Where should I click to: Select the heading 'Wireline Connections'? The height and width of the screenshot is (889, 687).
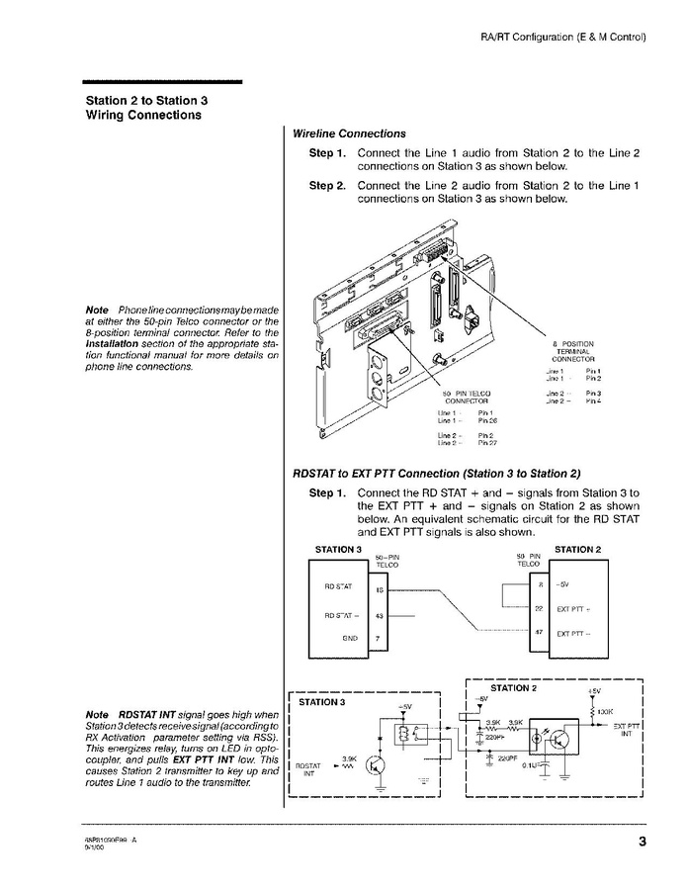(x=349, y=133)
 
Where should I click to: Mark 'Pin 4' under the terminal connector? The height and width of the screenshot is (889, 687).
(x=594, y=400)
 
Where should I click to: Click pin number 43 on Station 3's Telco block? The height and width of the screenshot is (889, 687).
(x=381, y=616)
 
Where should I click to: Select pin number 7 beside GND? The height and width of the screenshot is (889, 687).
(x=381, y=639)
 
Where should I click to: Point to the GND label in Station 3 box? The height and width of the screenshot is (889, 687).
(x=349, y=639)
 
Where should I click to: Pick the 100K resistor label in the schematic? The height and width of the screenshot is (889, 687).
(x=607, y=710)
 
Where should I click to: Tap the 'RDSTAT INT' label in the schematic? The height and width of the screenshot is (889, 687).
(x=308, y=769)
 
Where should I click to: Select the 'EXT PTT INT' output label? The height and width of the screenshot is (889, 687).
(x=628, y=730)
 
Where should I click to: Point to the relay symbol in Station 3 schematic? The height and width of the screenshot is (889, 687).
(x=403, y=734)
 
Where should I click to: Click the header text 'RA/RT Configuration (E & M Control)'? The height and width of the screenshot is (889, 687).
(x=562, y=37)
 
